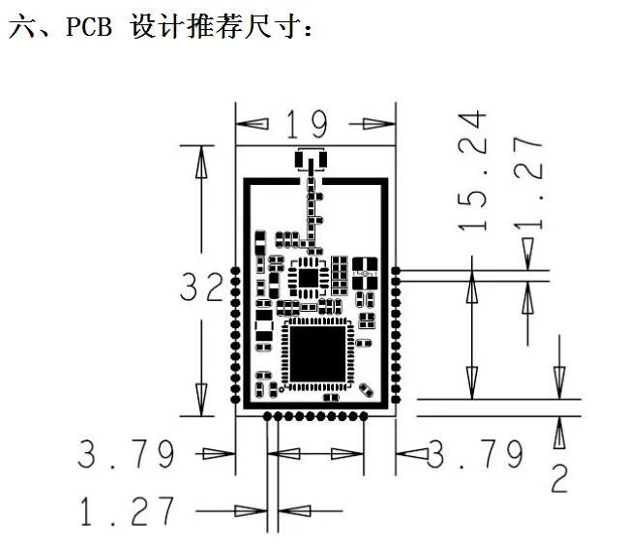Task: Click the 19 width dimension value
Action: pyautogui.click(x=307, y=124)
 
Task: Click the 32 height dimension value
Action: pyautogui.click(x=201, y=287)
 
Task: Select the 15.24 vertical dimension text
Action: pyautogui.click(x=473, y=171)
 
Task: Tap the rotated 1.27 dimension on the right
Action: pyautogui.click(x=528, y=183)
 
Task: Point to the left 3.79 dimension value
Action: pyautogui.click(x=126, y=454)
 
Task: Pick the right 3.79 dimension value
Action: pyautogui.click(x=475, y=454)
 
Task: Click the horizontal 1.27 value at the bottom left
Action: pyautogui.click(x=127, y=511)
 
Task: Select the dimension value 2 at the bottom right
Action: pyautogui.click(x=559, y=478)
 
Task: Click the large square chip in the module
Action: pyautogui.click(x=317, y=353)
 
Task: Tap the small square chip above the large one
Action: pyautogui.click(x=309, y=278)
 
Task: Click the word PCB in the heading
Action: pyautogui.click(x=88, y=26)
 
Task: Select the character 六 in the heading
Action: pyautogui.click(x=22, y=26)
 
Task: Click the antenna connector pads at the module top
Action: pyautogui.click(x=311, y=161)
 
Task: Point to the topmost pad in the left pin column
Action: pyautogui.click(x=235, y=271)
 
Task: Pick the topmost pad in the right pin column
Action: pyautogui.click(x=396, y=271)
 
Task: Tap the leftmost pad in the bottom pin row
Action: pyautogui.click(x=267, y=416)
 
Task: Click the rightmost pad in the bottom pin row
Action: pyautogui.click(x=364, y=416)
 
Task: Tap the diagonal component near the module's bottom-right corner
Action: pyautogui.click(x=367, y=390)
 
